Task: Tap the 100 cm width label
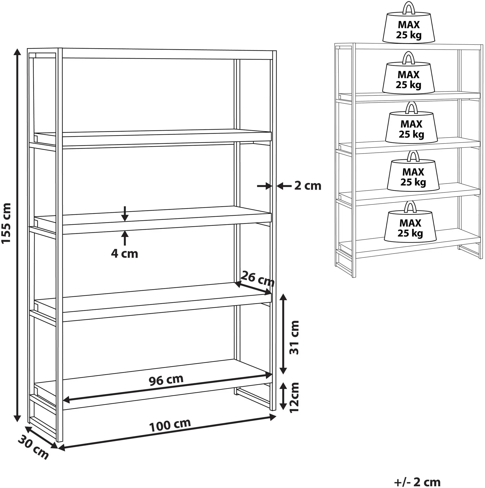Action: [170, 425]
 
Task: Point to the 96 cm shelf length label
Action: [166, 380]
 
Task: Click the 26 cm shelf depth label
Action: [257, 279]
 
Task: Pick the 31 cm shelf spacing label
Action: [294, 337]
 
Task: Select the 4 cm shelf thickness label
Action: [125, 254]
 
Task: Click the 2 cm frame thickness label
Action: [308, 186]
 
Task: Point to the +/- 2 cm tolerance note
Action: [417, 482]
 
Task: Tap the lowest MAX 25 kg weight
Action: [410, 222]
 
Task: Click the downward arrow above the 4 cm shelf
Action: [125, 214]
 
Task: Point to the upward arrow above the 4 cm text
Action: [125, 238]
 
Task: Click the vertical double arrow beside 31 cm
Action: [284, 334]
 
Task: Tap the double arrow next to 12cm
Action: [284, 396]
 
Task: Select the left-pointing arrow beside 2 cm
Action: [284, 186]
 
